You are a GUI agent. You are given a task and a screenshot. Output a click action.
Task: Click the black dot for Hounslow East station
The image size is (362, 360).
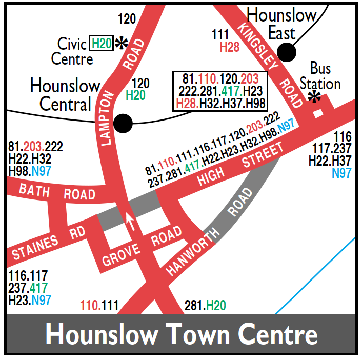(287, 52)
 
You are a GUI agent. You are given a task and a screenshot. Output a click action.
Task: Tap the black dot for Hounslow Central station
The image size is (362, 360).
(123, 123)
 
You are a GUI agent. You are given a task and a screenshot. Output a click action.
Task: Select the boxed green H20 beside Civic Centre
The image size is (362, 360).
(102, 44)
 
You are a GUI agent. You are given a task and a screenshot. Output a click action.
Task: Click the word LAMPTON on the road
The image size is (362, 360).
(109, 117)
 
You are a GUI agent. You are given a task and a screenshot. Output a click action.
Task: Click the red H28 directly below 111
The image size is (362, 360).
(230, 47)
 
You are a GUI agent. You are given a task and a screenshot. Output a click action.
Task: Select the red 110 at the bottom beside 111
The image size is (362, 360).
(90, 307)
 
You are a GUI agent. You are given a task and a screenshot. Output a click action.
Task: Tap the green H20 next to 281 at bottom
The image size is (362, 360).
(216, 307)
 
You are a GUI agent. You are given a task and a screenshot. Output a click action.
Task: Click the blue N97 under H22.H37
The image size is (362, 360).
(341, 173)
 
